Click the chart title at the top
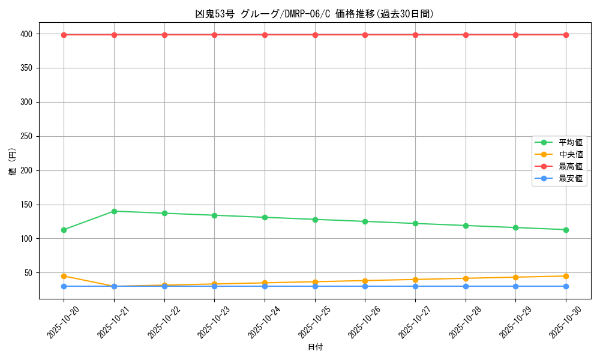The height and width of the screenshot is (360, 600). point(314,14)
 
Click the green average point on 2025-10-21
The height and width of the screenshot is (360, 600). point(114,211)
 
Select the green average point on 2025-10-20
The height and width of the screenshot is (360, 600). point(64,230)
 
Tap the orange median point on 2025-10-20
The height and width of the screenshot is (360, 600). point(64,276)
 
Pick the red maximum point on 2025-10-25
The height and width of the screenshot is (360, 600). point(315,35)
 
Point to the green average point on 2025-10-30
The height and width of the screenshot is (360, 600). point(566,230)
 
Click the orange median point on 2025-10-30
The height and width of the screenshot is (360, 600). point(566,276)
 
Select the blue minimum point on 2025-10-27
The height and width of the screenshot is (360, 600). point(415,286)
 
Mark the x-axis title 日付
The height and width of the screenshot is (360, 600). point(315,347)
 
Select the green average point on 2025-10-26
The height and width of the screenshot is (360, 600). point(365,221)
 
